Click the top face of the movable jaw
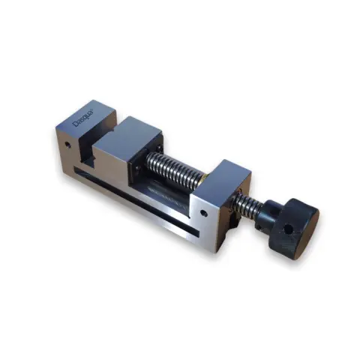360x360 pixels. (x=135, y=133)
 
